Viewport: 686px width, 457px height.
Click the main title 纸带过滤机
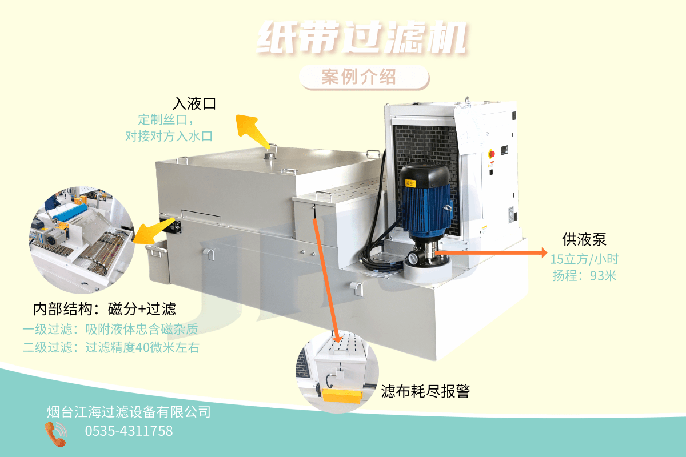tap(362, 38)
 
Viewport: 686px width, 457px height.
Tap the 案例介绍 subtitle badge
tap(364, 77)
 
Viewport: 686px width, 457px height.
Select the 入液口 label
tap(194, 103)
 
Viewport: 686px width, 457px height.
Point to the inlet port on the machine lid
tap(270, 155)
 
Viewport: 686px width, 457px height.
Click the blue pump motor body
tap(426, 209)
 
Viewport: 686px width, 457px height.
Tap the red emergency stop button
tap(491, 153)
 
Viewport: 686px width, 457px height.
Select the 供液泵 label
tap(584, 239)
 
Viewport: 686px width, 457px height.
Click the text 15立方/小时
tap(584, 259)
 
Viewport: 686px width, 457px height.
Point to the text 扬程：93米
tap(584, 276)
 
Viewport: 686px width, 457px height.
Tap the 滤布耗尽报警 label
tap(425, 391)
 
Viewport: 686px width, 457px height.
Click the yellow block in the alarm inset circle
tap(342, 395)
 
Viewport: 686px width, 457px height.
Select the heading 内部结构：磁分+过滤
tap(105, 309)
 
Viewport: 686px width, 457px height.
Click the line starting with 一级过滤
tap(110, 330)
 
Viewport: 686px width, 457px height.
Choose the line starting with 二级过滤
tap(111, 347)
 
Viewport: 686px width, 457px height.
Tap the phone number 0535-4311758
tap(129, 431)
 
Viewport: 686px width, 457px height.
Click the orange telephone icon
tap(56, 434)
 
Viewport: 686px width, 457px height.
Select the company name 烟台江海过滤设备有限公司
tap(129, 412)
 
